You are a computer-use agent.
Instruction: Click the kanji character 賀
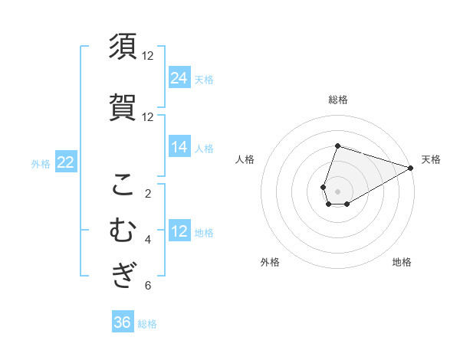pyautogui.click(x=123, y=107)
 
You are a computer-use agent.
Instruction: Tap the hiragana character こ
pyautogui.click(x=123, y=185)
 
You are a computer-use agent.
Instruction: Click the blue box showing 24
pyautogui.click(x=179, y=77)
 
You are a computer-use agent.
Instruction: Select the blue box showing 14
pyautogui.click(x=179, y=147)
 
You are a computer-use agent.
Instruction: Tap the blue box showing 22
pyautogui.click(x=66, y=162)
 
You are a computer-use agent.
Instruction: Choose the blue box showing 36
pyautogui.click(x=123, y=322)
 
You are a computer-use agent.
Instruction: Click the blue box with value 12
pyautogui.click(x=179, y=231)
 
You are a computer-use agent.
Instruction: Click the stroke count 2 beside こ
pyautogui.click(x=148, y=194)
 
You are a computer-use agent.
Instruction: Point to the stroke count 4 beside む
pyautogui.click(x=148, y=240)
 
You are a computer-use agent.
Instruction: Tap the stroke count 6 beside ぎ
pyautogui.click(x=148, y=286)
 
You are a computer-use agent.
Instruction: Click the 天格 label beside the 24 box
pyautogui.click(x=204, y=79)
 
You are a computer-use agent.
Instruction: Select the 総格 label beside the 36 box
pyautogui.click(x=147, y=324)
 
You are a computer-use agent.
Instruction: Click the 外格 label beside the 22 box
pyautogui.click(x=41, y=163)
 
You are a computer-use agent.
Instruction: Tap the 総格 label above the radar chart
pyautogui.click(x=337, y=100)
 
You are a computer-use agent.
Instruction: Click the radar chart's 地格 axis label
pyautogui.click(x=402, y=262)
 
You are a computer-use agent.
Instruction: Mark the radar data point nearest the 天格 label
pyautogui.click(x=411, y=168)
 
